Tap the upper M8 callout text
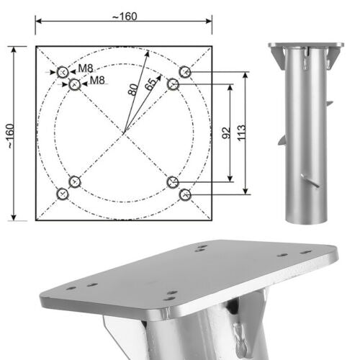(86, 68)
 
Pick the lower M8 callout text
(99, 80)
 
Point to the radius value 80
(132, 91)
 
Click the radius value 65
(150, 84)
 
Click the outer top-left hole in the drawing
(63, 72)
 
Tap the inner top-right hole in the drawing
(173, 85)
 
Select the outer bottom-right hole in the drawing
(185, 194)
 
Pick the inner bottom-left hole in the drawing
(75, 182)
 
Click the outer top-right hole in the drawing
(185, 72)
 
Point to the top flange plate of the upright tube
(305, 46)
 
